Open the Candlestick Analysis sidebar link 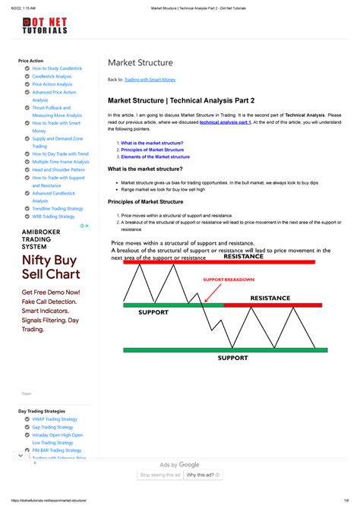point(52,76)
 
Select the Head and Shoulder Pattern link point(58,169)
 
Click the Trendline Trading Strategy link point(58,208)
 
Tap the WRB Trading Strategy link point(53,217)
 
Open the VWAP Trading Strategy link point(55,419)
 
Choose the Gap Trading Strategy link point(53,427)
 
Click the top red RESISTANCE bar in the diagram point(219,262)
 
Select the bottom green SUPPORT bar point(225,350)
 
